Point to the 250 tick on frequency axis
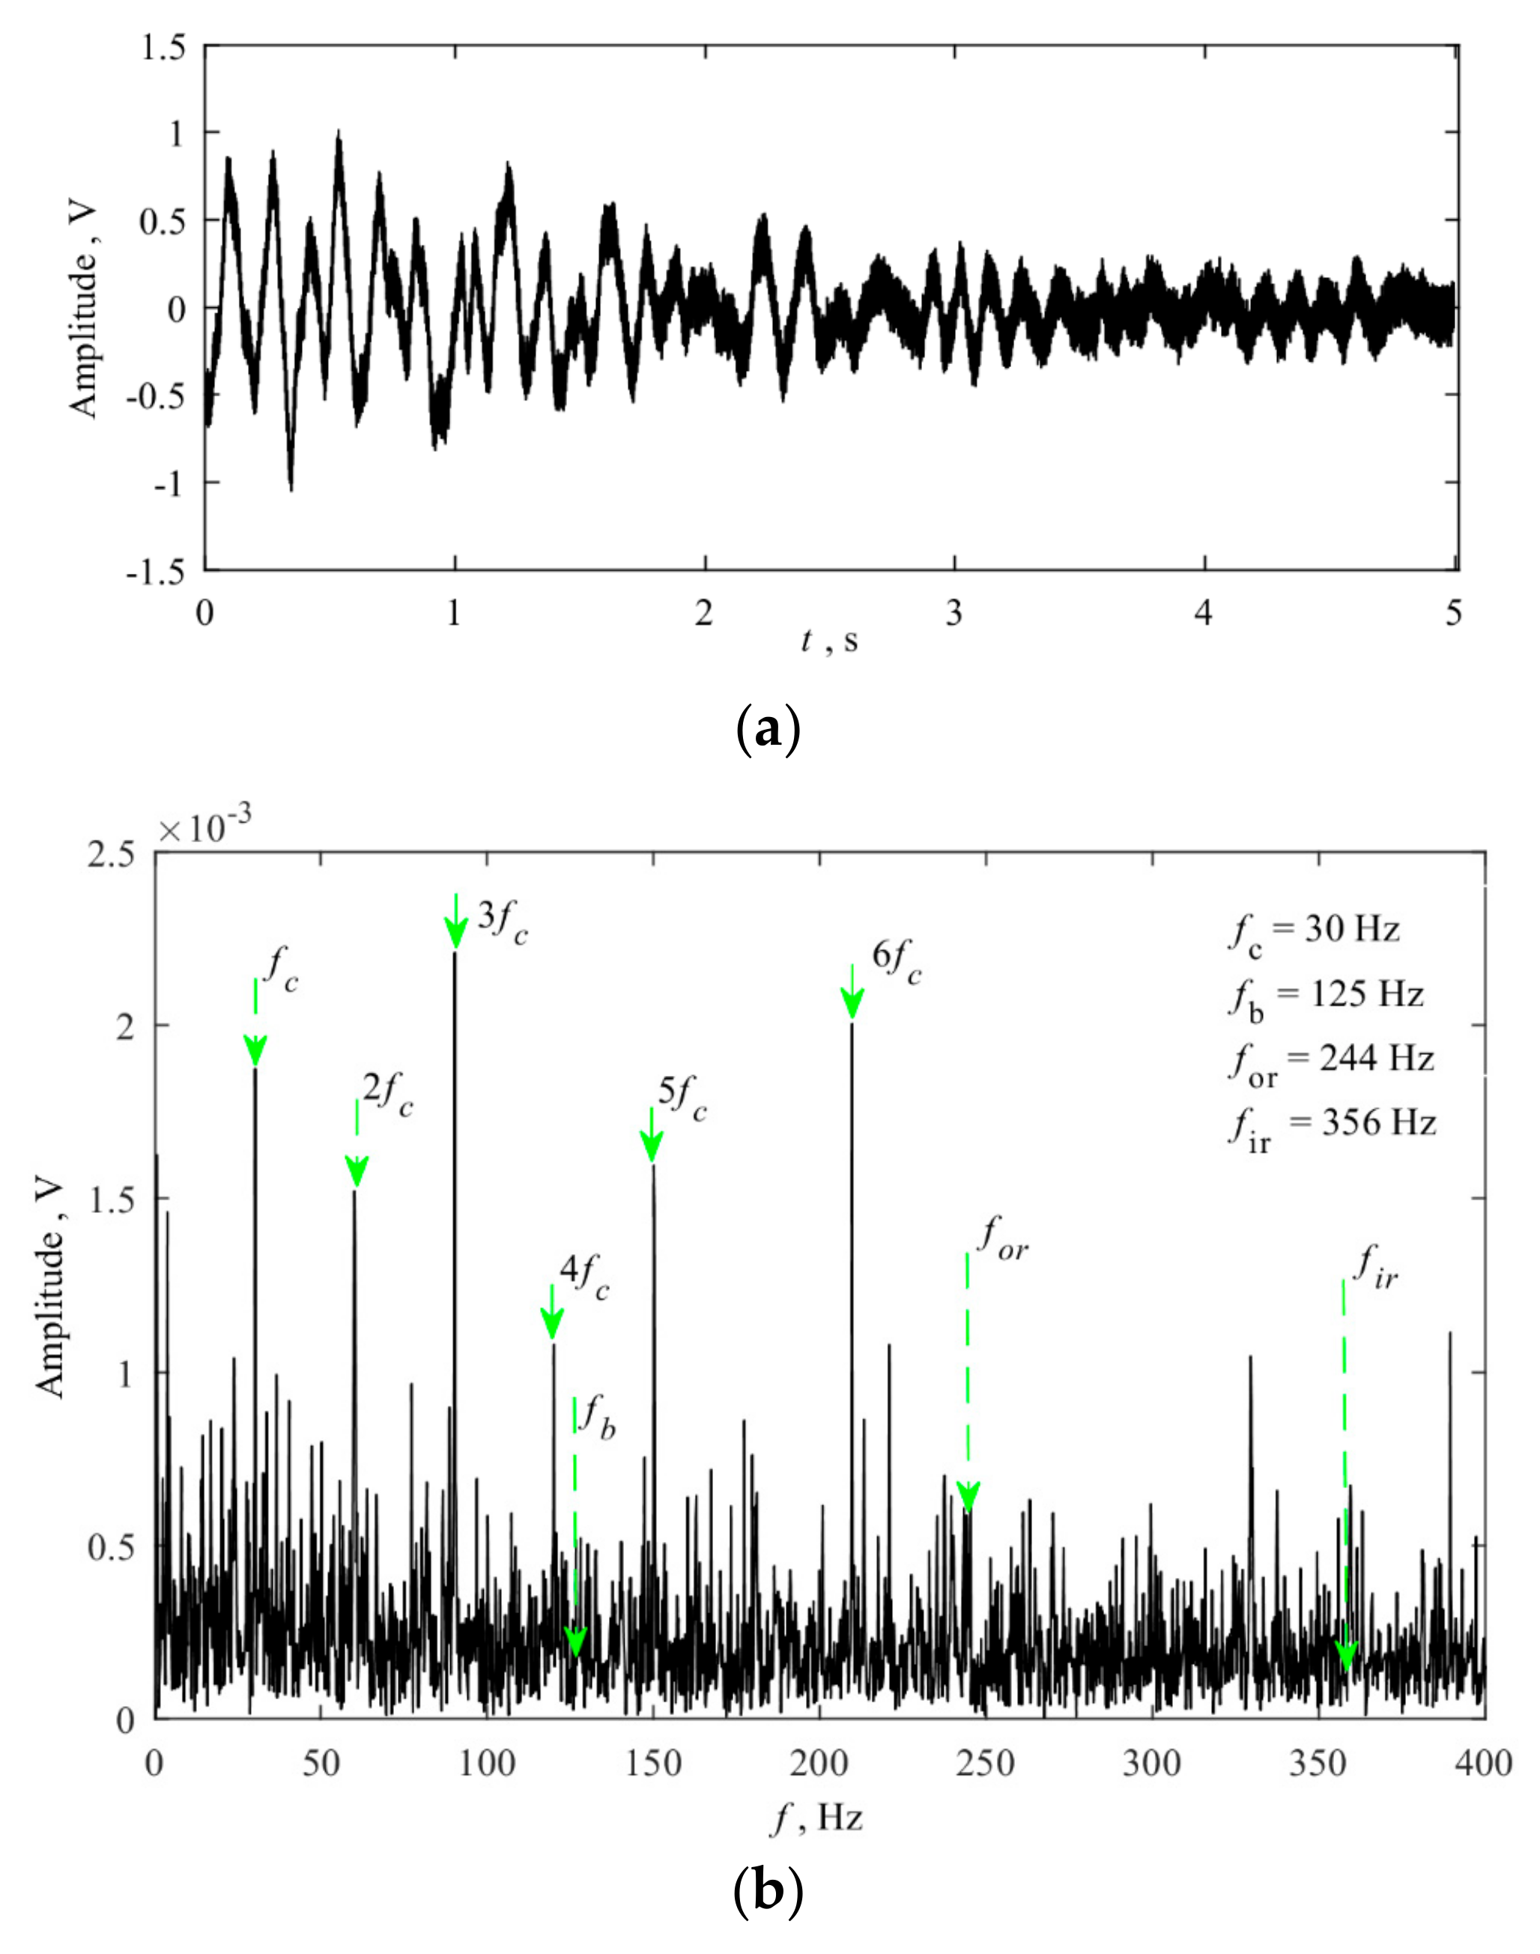coord(986,1764)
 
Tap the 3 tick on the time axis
coord(954,614)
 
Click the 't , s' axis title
coord(829,642)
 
